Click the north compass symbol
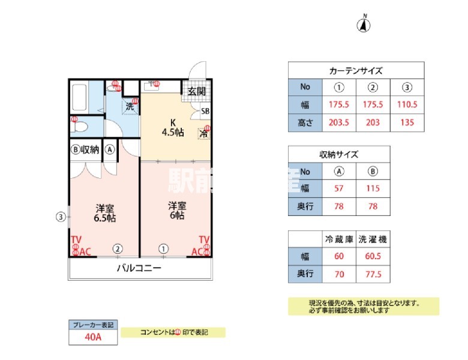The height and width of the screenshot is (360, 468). tap(364, 25)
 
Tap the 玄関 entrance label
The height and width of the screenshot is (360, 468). tap(196, 91)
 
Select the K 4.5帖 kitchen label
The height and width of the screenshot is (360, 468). tap(172, 127)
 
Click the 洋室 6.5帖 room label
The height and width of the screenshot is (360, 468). tap(105, 213)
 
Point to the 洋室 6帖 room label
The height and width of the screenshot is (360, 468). tap(176, 209)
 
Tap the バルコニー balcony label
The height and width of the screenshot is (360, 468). tap(139, 268)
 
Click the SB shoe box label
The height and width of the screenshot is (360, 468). tap(205, 111)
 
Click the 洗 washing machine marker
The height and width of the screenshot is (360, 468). tap(129, 106)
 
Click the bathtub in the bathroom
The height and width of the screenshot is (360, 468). tap(79, 98)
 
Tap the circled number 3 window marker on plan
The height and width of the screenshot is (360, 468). tap(60, 217)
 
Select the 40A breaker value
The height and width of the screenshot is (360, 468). tap(92, 337)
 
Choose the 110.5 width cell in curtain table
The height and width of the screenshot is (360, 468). tap(407, 104)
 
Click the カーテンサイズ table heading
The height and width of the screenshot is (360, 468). tap(356, 70)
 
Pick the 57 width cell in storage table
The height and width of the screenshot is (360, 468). tap(339, 188)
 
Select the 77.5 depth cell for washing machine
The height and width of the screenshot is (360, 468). tap(373, 275)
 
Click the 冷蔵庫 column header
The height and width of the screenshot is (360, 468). tap(339, 239)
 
